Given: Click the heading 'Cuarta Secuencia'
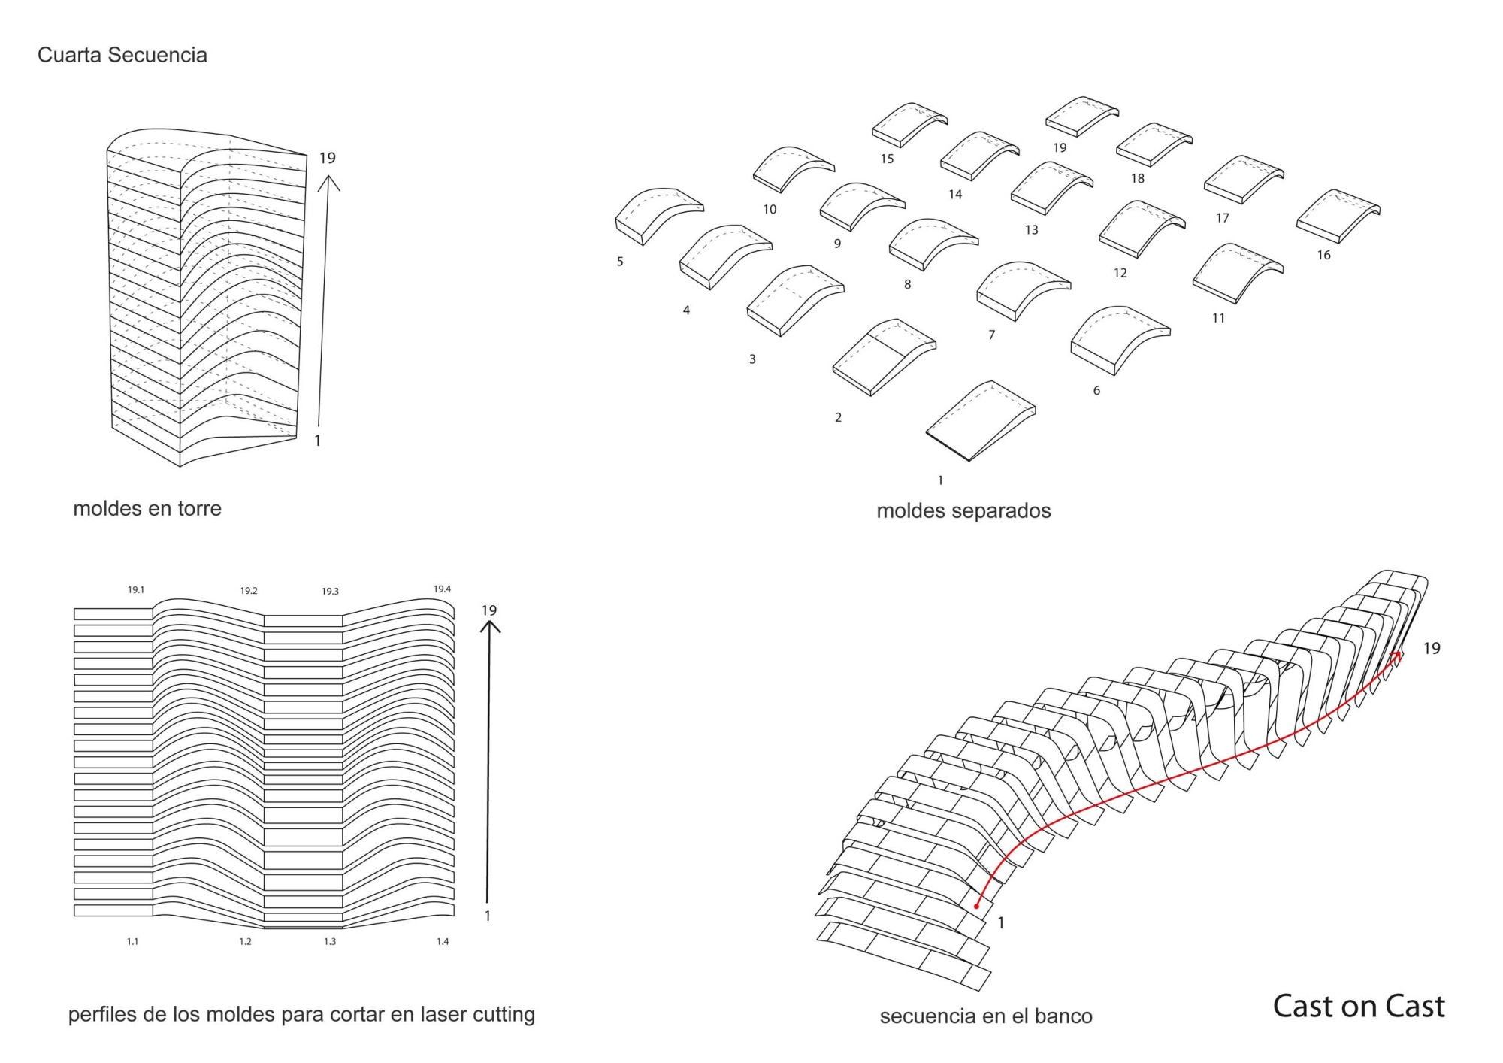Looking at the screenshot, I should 122,55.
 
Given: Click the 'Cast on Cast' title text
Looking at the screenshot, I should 1358,1006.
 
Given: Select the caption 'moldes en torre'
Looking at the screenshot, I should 147,508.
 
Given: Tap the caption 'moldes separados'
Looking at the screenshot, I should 963,511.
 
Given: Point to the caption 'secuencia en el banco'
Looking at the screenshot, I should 986,1016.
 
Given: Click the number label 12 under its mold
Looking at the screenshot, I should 1120,273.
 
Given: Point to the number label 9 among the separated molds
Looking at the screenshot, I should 837,244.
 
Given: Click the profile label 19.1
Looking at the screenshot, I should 135,590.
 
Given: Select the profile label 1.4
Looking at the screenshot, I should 443,941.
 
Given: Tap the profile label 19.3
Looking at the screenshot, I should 330,592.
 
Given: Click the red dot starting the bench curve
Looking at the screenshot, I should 976,906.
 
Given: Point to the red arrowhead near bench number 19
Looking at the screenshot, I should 1397,657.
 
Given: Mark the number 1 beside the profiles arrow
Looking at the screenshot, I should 488,916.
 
